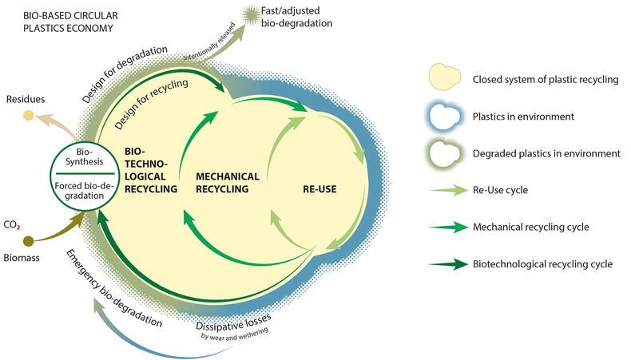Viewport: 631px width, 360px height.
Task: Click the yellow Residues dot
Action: pos(28,116)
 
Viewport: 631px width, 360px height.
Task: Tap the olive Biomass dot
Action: pos(29,241)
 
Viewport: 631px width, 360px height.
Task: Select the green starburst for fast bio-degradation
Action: pos(252,15)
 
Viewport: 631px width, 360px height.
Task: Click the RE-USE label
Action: pos(319,189)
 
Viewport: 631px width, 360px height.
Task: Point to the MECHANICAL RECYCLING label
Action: pos(228,183)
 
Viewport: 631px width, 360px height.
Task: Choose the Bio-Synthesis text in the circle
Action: pos(85,157)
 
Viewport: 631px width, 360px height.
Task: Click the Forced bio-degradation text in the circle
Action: pos(85,191)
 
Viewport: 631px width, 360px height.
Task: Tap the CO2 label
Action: pos(12,225)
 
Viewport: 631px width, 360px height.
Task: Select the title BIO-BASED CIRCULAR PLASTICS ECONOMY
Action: pos(70,22)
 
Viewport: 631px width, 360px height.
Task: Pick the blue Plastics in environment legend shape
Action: pos(445,117)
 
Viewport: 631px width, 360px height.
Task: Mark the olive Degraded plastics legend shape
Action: pos(445,153)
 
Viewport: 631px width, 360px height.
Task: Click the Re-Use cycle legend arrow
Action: pos(449,190)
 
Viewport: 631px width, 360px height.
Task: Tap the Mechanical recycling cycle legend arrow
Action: pos(449,227)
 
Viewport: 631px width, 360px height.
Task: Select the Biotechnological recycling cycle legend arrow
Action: pos(449,264)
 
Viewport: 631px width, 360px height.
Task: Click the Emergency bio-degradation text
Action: pos(113,288)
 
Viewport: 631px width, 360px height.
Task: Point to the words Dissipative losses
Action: pos(234,322)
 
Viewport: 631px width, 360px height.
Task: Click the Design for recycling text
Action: pos(151,104)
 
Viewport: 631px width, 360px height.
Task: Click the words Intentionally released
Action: pos(209,43)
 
